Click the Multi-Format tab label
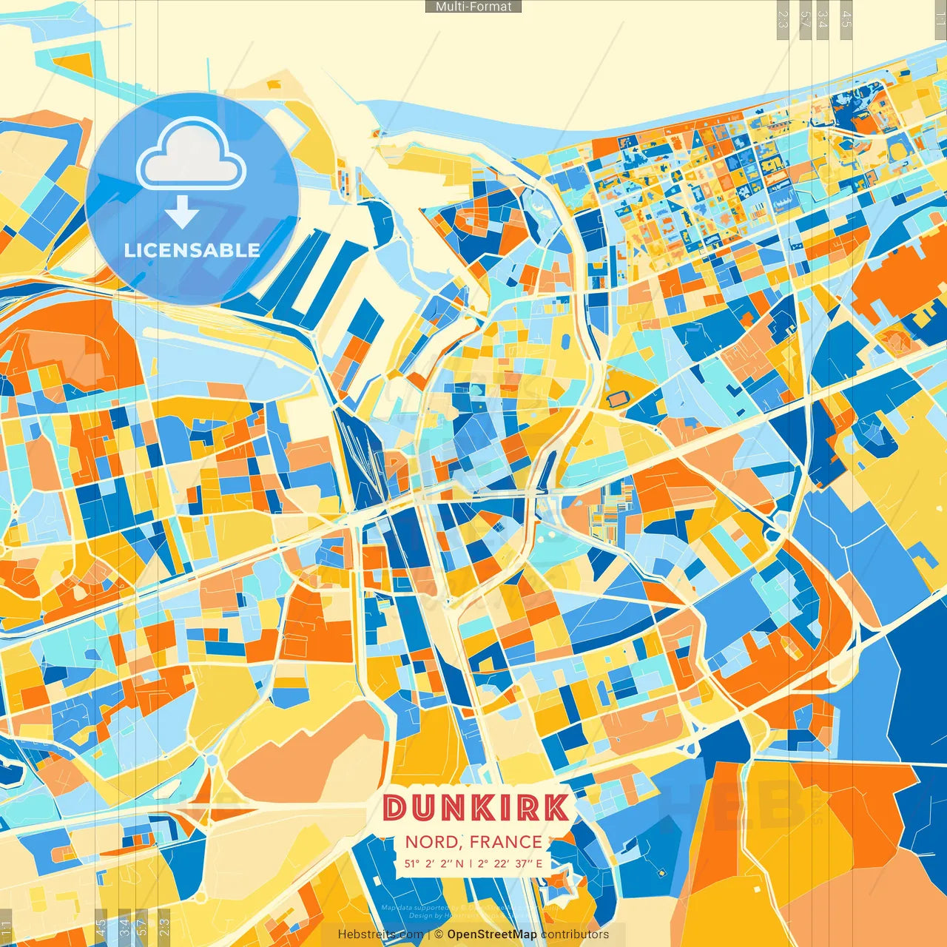pos(473,7)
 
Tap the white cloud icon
pos(192,156)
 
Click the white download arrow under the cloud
pos(181,212)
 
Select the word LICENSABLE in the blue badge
pos(192,250)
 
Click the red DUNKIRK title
pos(476,808)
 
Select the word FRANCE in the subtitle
pos(505,842)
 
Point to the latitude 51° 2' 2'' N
pos(434,863)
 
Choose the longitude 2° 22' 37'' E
pos(510,863)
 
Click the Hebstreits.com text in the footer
pos(380,934)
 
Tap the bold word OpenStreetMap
pos(492,934)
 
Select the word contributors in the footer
pos(575,934)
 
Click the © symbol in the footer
pos(439,934)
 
